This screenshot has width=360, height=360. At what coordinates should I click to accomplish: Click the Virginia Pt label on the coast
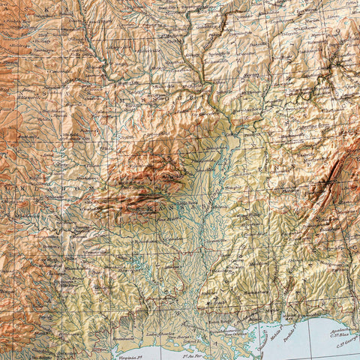coord(129,339)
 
